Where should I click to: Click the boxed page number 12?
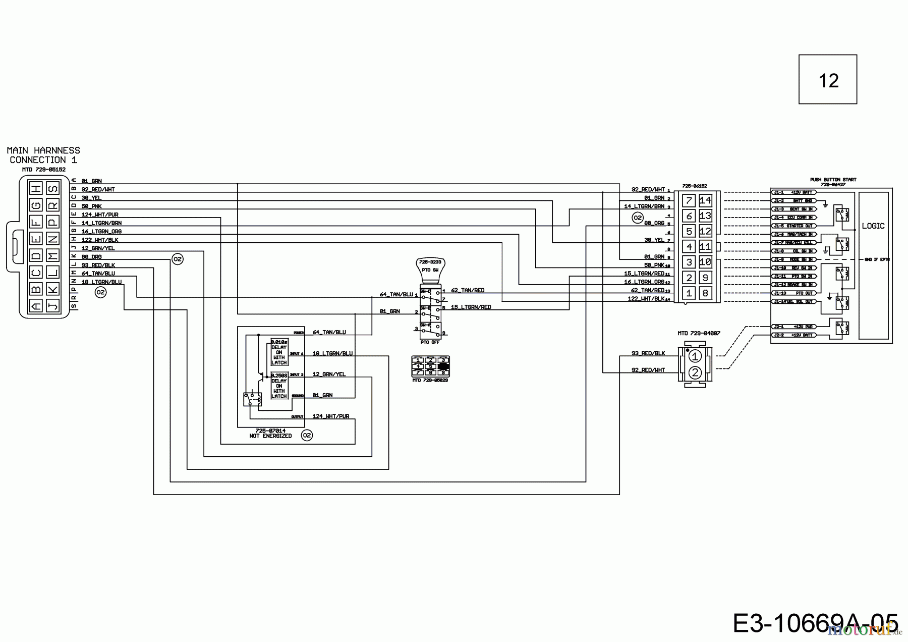pyautogui.click(x=828, y=80)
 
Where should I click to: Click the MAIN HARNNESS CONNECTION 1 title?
pyautogui.click(x=43, y=155)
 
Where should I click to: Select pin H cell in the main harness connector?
pyautogui.click(x=36, y=189)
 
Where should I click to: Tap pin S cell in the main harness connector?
pyautogui.click(x=52, y=189)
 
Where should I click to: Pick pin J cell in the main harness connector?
pyautogui.click(x=36, y=305)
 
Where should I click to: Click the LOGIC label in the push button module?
pyautogui.click(x=873, y=226)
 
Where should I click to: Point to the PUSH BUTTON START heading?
pyautogui.click(x=833, y=180)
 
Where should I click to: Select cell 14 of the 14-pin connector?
pyautogui.click(x=705, y=200)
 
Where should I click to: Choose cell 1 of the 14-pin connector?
pyautogui.click(x=689, y=293)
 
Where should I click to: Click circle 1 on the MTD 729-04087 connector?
pyautogui.click(x=695, y=356)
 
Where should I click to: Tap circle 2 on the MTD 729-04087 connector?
pyautogui.click(x=695, y=373)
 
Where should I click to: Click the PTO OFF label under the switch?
pyautogui.click(x=430, y=342)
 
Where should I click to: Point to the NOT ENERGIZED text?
pyautogui.click(x=270, y=436)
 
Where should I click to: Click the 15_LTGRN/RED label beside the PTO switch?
pyautogui.click(x=471, y=307)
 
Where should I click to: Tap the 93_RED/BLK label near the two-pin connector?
pyautogui.click(x=648, y=353)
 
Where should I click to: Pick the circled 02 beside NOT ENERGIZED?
pyautogui.click(x=307, y=435)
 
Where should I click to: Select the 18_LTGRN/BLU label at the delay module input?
pyautogui.click(x=332, y=354)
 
